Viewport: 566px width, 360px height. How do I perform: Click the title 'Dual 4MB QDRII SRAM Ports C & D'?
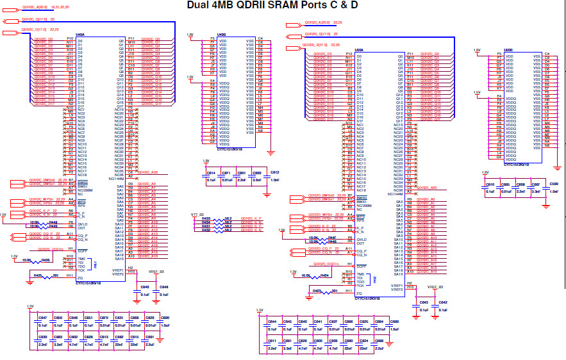[x=272, y=6]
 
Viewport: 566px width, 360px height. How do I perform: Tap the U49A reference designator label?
[x=80, y=35]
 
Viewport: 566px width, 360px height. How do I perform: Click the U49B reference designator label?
[x=222, y=35]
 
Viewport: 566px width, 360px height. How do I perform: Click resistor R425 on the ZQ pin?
[x=38, y=275]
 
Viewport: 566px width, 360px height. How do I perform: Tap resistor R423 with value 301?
[x=317, y=291]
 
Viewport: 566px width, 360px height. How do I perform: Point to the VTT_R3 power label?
[x=197, y=214]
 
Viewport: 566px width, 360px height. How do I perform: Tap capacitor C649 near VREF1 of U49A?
[x=145, y=287]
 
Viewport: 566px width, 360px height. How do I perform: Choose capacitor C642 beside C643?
[x=443, y=302]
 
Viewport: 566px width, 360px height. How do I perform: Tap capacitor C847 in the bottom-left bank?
[x=42, y=318]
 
